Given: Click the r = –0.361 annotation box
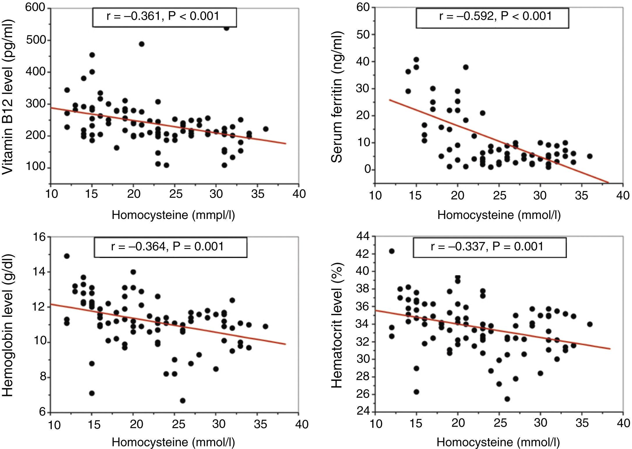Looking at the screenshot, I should (x=164, y=17).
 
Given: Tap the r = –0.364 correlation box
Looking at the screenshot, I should (x=170, y=247).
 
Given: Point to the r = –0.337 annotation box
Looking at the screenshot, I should (x=489, y=247).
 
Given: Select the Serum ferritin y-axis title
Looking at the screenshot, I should (x=337, y=97).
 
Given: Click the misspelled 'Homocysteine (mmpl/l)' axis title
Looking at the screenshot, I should (x=173, y=215).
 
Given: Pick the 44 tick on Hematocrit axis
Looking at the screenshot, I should (x=362, y=237).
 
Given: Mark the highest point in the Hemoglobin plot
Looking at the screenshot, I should (x=67, y=256).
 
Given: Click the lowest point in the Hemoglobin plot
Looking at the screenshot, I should (x=183, y=401).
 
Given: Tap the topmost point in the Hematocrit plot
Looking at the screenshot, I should (x=391, y=251).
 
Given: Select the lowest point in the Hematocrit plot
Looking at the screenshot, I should (x=507, y=399).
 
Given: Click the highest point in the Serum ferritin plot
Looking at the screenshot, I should (x=416, y=60).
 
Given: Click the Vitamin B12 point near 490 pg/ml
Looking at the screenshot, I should (x=142, y=44).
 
